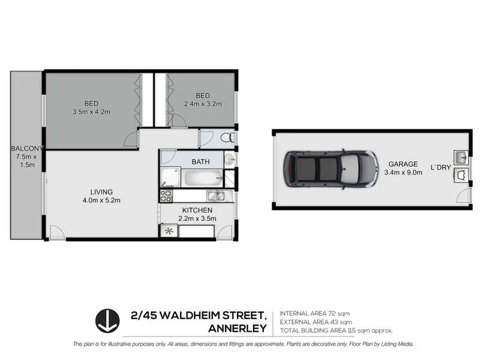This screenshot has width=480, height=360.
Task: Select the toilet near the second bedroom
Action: pyautogui.click(x=227, y=138)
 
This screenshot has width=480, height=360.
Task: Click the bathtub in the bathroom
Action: pyautogui.click(x=202, y=178)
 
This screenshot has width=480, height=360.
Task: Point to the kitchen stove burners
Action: pyautogui.click(x=166, y=196)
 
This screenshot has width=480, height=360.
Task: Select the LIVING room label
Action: pyautogui.click(x=99, y=192)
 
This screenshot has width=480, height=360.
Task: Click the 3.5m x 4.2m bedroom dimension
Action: pyautogui.click(x=91, y=112)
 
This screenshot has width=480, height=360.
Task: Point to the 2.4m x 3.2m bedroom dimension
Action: pyautogui.click(x=202, y=104)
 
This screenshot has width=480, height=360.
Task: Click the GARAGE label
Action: pyautogui.click(x=403, y=164)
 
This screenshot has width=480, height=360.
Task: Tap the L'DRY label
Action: pyautogui.click(x=440, y=167)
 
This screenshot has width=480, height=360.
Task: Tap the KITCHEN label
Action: pyautogui.click(x=197, y=210)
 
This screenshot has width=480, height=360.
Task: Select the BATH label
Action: pyautogui.click(x=200, y=162)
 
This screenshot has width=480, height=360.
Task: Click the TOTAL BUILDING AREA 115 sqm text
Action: pyautogui.click(x=336, y=331)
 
